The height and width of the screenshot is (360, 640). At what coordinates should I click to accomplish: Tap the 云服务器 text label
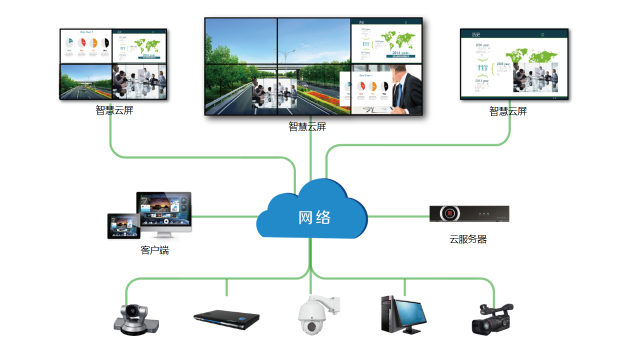tap(468, 239)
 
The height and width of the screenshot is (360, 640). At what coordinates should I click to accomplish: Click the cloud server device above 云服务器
tap(469, 214)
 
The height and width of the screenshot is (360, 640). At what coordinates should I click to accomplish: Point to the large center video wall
tap(313, 65)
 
